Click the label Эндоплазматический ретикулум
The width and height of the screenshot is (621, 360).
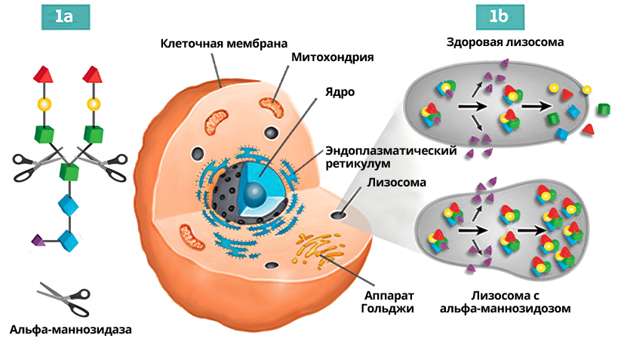(390, 156)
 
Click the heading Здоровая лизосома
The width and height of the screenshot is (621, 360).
(514, 42)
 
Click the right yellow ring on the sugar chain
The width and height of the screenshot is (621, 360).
(94, 103)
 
